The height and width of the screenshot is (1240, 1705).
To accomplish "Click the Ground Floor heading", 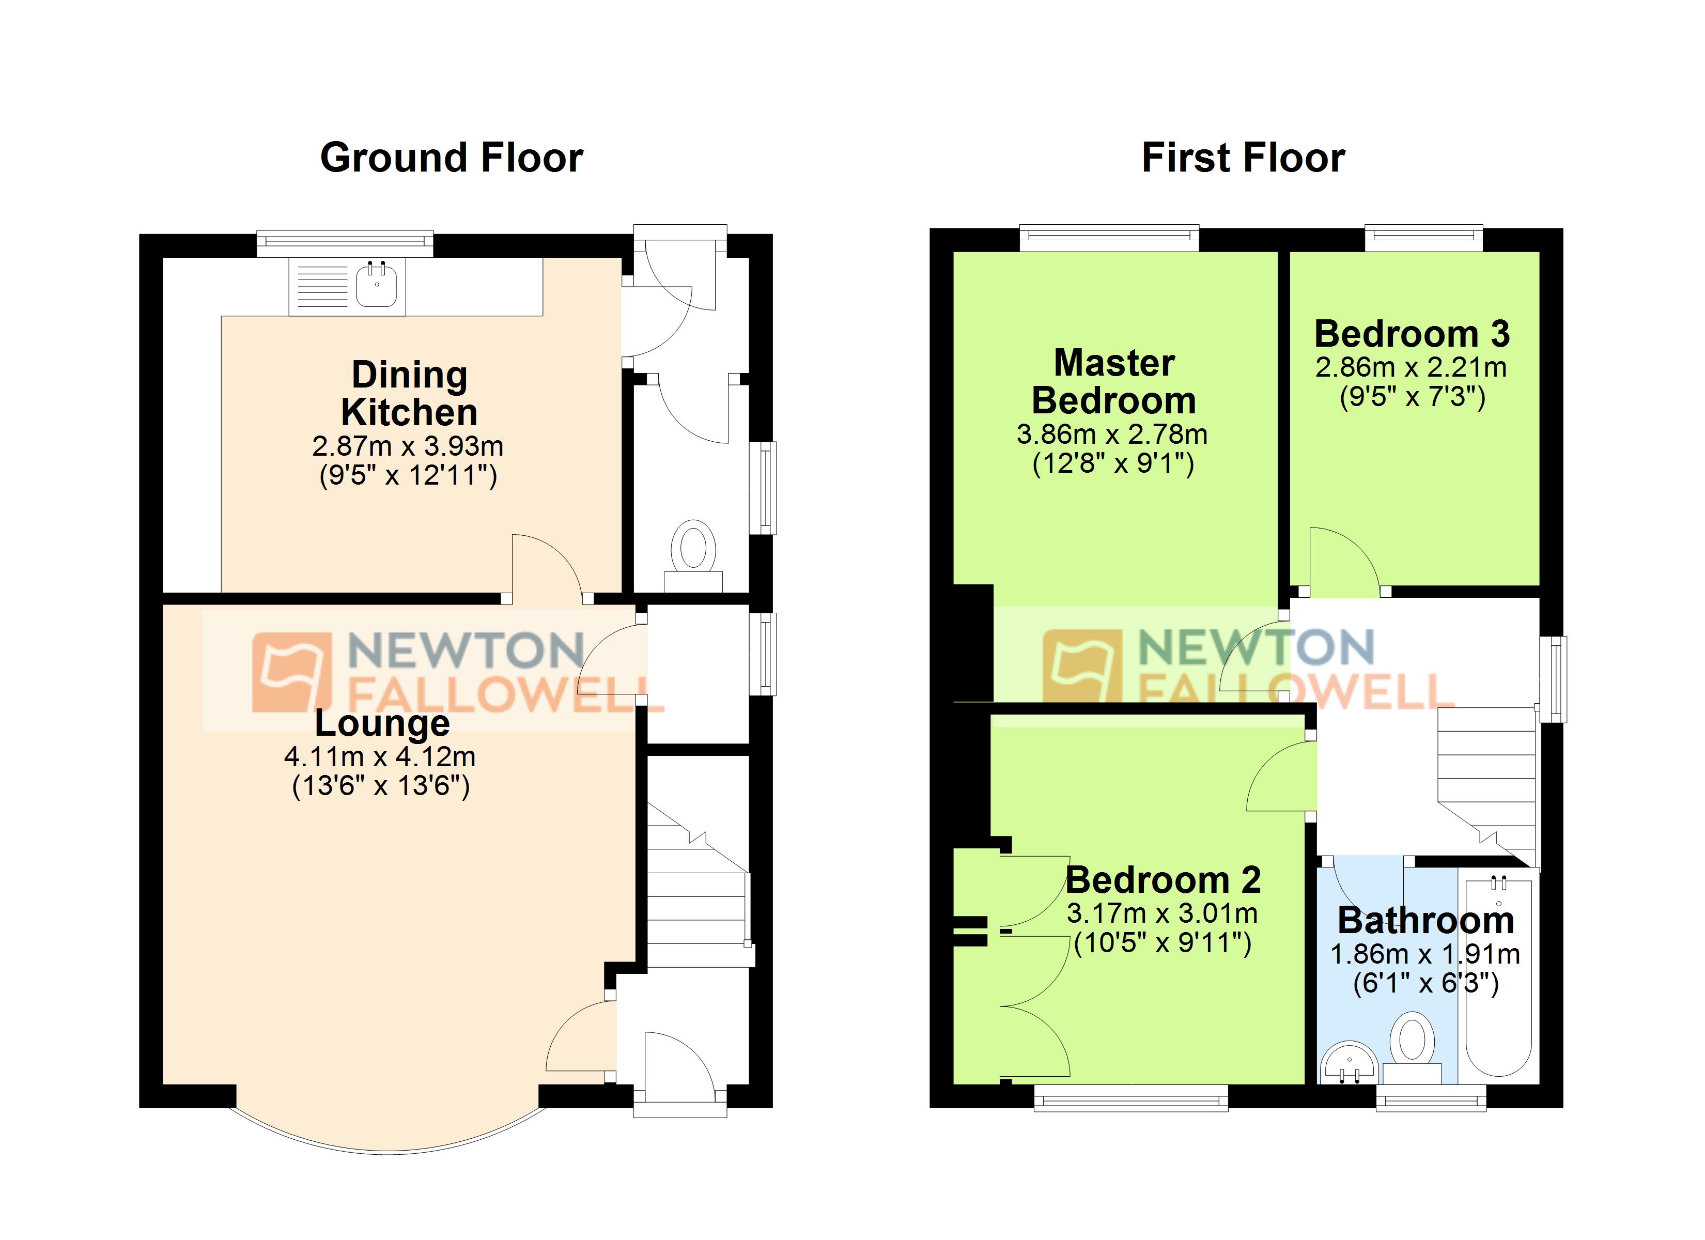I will coord(451,158).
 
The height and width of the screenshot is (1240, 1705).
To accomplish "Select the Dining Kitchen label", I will coord(409,393).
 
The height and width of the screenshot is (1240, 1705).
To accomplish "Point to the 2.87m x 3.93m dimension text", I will coord(408,446).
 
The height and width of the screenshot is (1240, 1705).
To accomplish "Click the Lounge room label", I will coord(382,723).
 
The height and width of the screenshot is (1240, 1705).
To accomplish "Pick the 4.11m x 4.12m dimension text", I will coord(380,756).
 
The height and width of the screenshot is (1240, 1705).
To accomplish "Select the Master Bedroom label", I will coord(1113,382).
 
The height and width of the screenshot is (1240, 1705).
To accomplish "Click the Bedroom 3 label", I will coord(1412,333).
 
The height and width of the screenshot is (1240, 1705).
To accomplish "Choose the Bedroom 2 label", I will coord(1163,880).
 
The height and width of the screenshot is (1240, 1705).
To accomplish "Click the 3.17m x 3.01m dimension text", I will coord(1162,913).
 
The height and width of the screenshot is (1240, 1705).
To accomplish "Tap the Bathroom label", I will coord(1425,920).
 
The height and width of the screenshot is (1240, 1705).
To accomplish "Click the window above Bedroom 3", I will coord(1423,238).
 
